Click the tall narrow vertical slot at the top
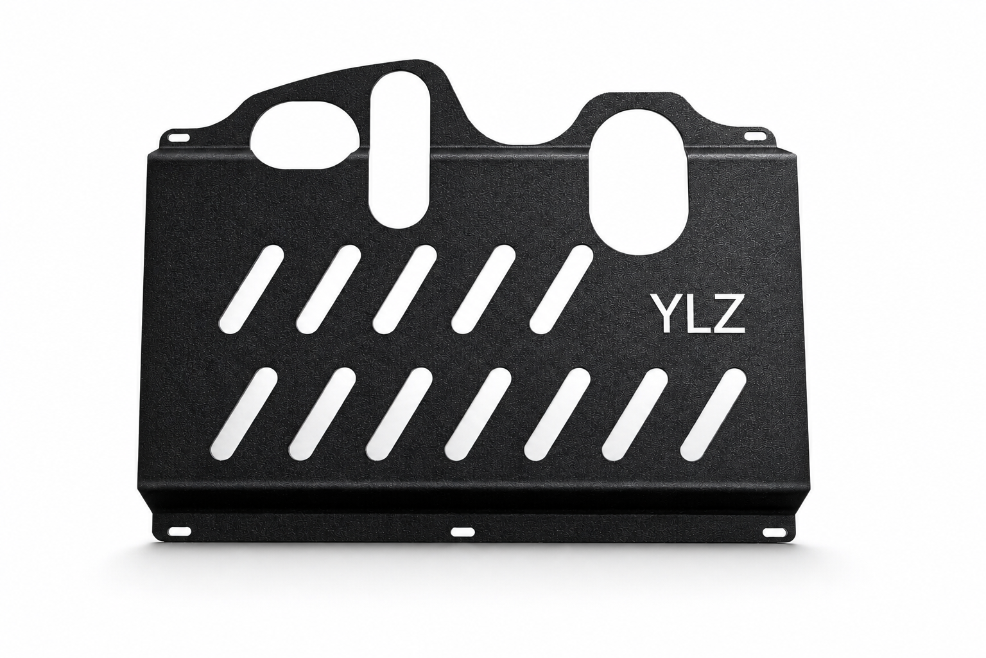399,149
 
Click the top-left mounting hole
177,137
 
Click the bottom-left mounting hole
182,542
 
